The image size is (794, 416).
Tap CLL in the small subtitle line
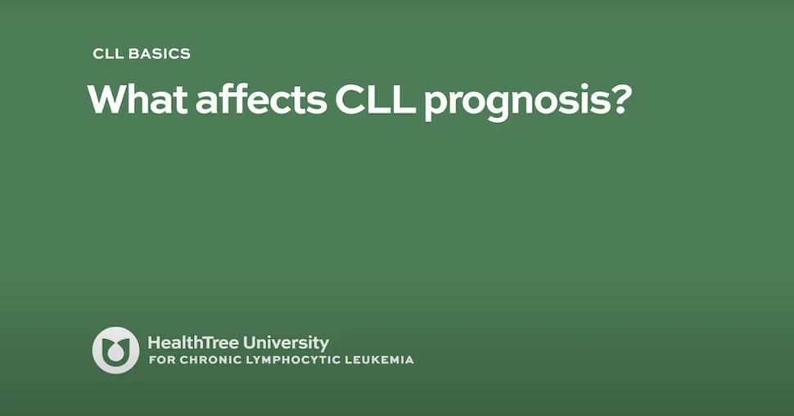[108, 54]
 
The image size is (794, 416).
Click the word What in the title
[138, 99]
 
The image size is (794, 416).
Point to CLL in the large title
[375, 99]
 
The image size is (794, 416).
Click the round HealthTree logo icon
[115, 350]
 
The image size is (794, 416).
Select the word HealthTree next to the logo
[193, 343]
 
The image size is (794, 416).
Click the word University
[286, 344]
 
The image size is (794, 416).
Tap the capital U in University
[250, 343]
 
